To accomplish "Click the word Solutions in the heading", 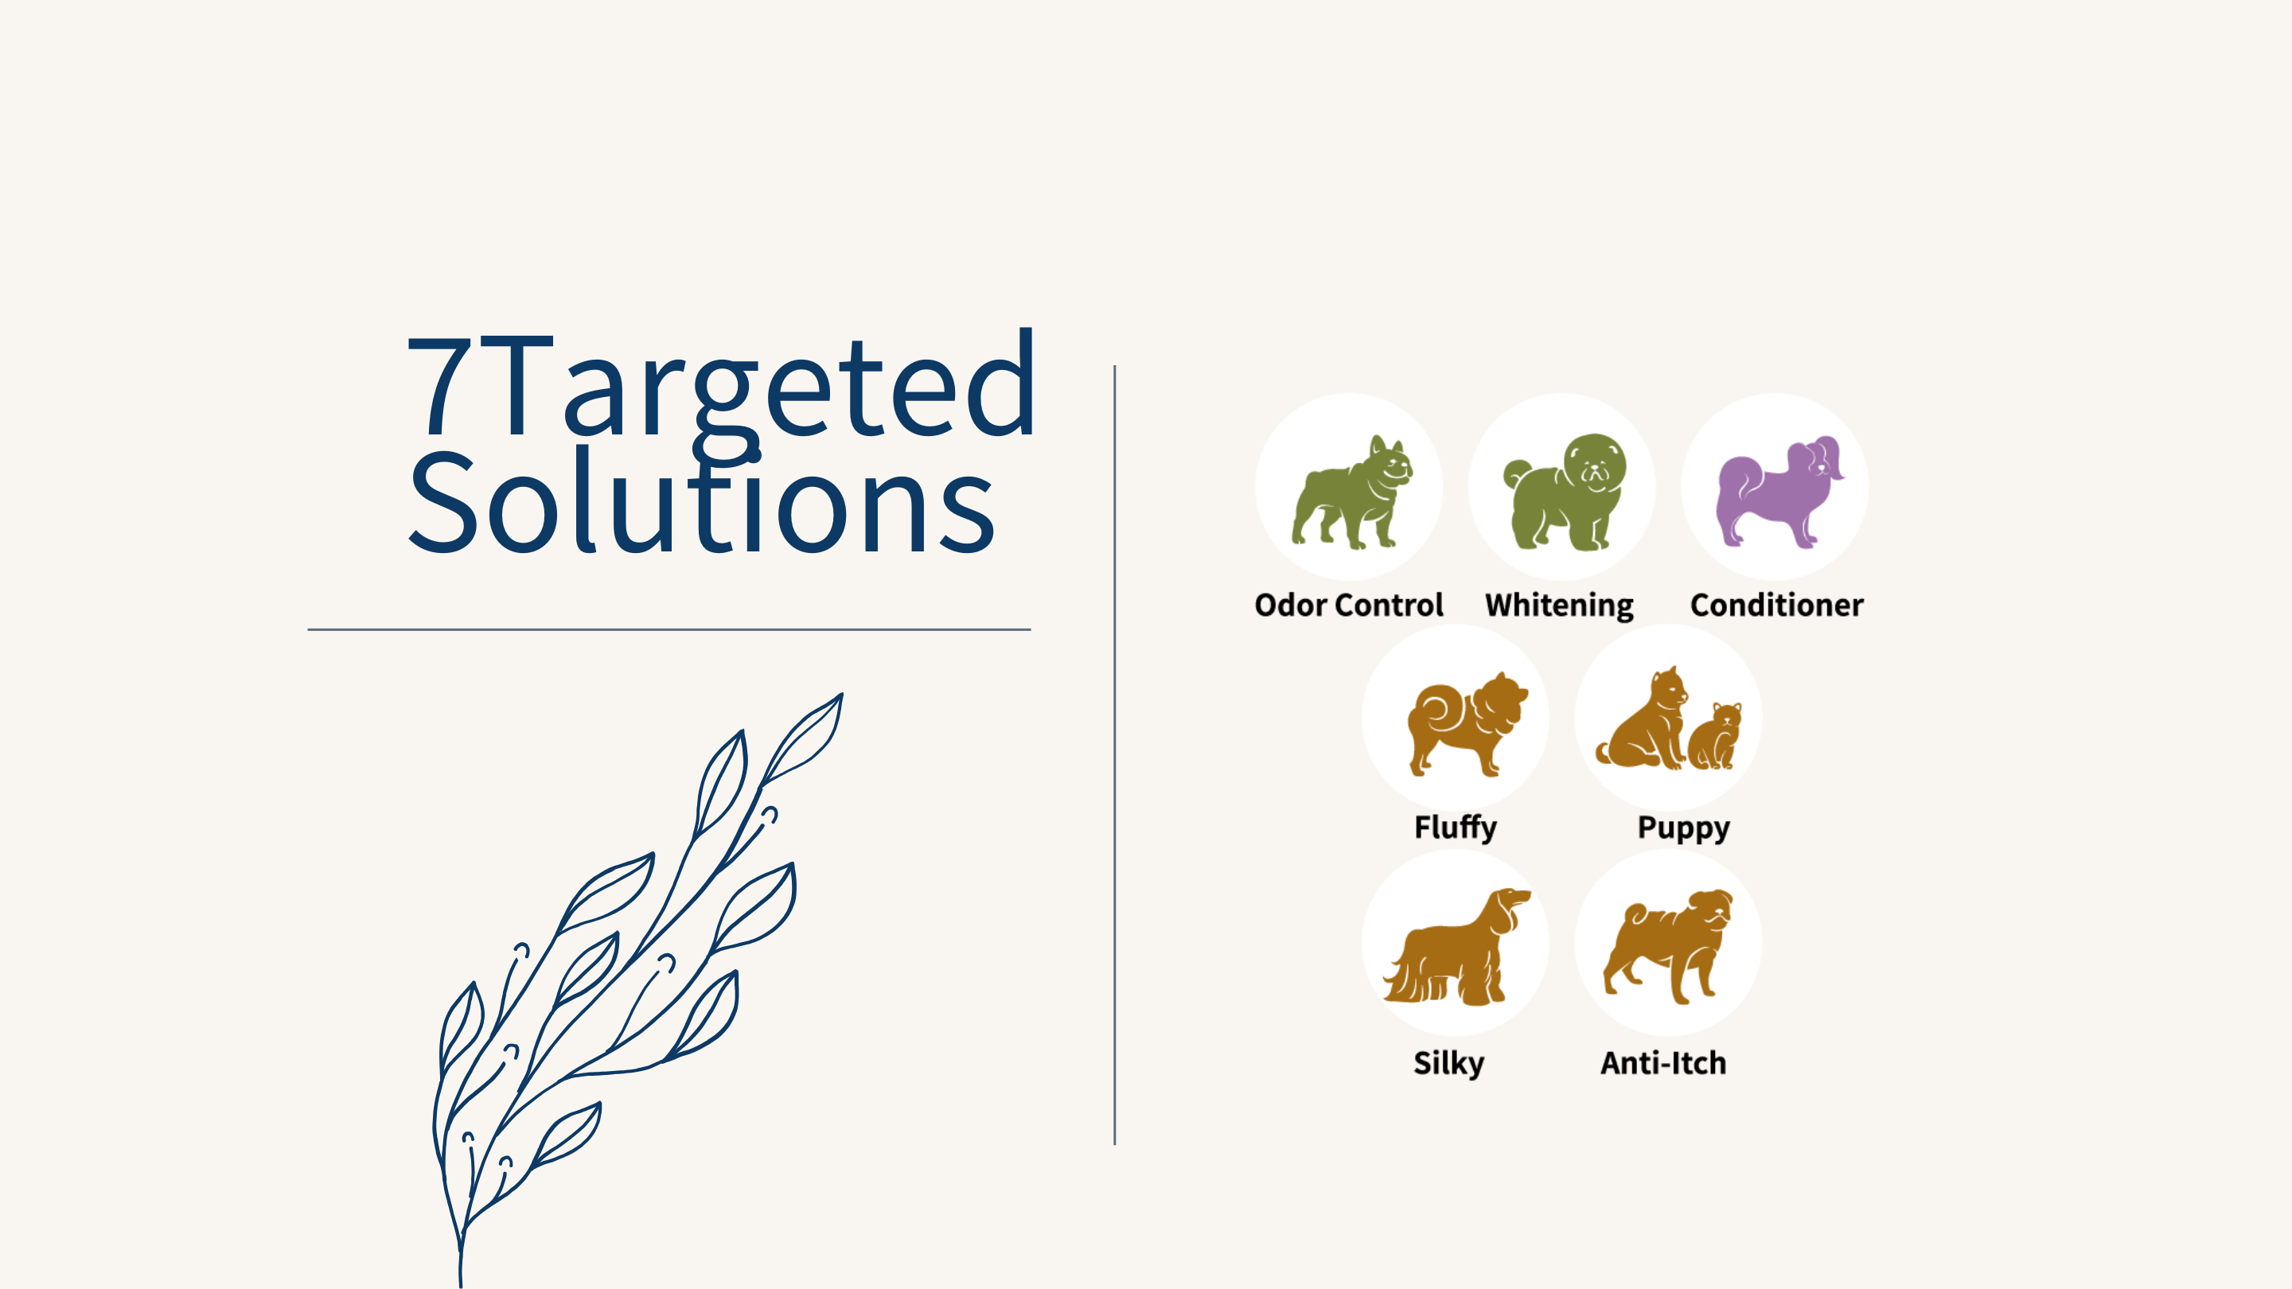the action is (x=701, y=500).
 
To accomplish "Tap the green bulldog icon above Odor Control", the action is (x=1351, y=492).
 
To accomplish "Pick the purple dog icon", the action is (x=1779, y=491).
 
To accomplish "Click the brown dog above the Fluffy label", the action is (x=1466, y=724).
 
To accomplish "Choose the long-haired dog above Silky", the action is (x=1456, y=947).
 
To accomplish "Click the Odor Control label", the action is (x=1348, y=605).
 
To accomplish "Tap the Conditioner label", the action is (x=1776, y=605).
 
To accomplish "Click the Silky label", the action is (x=1448, y=1064).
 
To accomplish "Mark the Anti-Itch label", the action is (x=1663, y=1063).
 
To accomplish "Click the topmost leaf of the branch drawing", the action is (x=805, y=738).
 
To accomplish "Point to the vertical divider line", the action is (x=1114, y=754).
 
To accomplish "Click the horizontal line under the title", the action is (x=669, y=629).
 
